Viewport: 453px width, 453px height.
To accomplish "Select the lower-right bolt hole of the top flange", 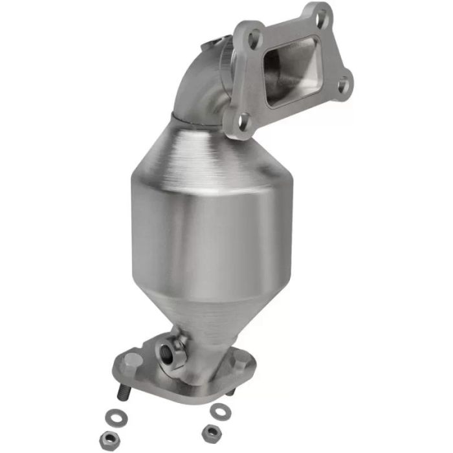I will pyautogui.click(x=344, y=83).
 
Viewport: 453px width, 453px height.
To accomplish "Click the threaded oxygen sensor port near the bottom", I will pyautogui.click(x=170, y=353).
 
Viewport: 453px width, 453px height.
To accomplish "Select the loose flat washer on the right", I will pyautogui.click(x=221, y=410).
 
